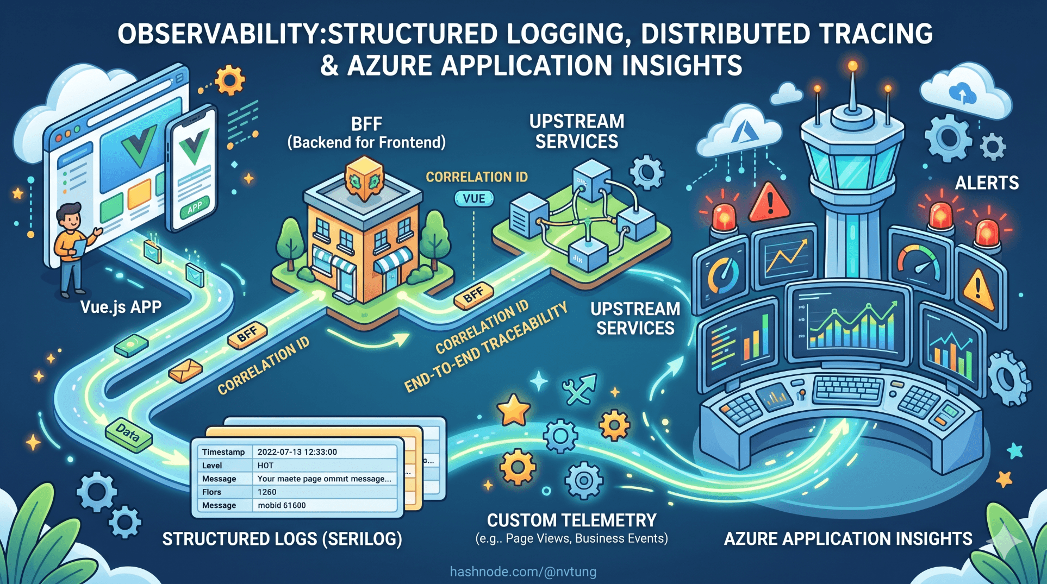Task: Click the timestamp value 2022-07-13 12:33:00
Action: (x=297, y=452)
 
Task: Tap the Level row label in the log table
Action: (x=212, y=466)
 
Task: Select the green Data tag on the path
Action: (x=128, y=434)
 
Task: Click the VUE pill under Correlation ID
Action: (x=474, y=199)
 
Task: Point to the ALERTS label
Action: (x=987, y=183)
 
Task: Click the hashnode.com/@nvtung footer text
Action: (x=523, y=572)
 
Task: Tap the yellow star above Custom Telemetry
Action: (x=513, y=410)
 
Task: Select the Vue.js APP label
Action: (x=121, y=307)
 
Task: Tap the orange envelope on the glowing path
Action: (x=185, y=371)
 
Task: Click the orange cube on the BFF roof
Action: (x=364, y=179)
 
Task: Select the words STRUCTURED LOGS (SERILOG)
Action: (x=282, y=539)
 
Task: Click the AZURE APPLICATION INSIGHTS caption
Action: (x=847, y=539)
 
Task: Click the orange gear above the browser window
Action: (x=229, y=80)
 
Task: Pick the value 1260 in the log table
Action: (x=267, y=492)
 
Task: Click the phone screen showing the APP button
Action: (x=193, y=168)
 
